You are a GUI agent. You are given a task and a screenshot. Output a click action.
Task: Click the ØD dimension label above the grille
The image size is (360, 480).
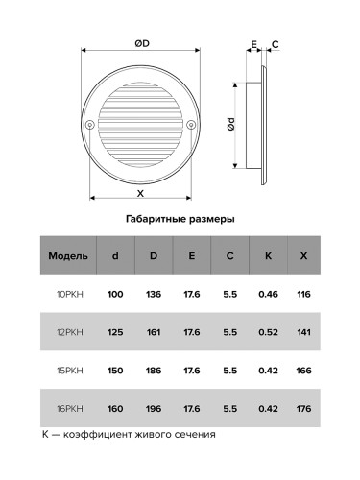142,43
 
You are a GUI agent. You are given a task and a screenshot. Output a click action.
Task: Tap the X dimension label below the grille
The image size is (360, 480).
140,193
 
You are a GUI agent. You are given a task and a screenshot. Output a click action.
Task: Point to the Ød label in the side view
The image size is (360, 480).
231,124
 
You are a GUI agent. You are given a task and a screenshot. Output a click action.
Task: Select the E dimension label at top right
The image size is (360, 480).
253,44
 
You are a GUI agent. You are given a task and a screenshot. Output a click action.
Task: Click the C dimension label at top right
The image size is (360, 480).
276,44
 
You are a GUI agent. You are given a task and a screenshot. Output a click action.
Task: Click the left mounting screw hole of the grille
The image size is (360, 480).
90,124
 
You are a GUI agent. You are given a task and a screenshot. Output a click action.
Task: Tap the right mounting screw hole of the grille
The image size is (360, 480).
191,124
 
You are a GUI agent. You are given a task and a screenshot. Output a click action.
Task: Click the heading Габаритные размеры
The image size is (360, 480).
180,219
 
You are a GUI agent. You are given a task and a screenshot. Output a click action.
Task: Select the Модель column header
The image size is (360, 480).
68,256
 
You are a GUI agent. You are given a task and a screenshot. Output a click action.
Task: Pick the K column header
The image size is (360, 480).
268,256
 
